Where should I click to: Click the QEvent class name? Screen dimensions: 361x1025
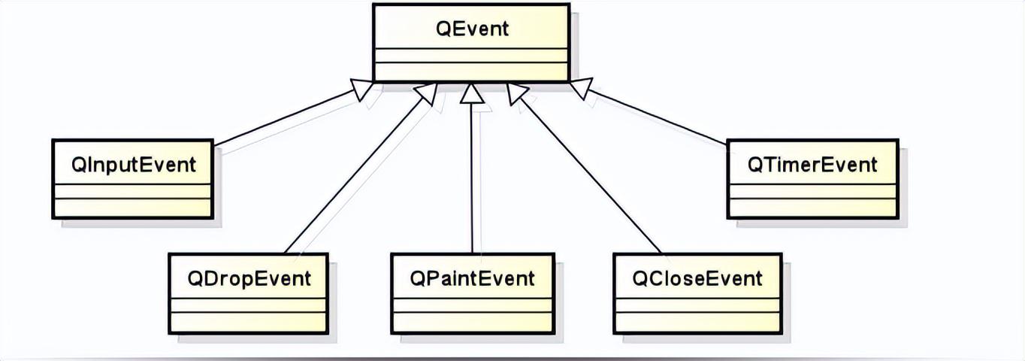(x=472, y=29)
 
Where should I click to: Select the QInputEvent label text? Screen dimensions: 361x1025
(x=133, y=165)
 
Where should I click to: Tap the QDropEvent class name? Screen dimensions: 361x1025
(x=249, y=278)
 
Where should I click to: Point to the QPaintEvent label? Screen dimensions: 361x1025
(x=472, y=278)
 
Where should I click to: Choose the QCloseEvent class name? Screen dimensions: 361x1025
(x=697, y=278)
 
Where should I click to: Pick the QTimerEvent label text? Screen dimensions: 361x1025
(x=812, y=165)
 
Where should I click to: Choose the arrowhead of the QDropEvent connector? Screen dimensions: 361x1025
(x=426, y=93)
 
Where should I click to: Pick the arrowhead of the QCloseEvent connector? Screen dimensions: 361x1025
(x=518, y=93)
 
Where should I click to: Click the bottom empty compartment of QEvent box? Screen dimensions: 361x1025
(x=471, y=72)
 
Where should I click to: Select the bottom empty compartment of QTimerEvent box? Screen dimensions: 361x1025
(x=812, y=208)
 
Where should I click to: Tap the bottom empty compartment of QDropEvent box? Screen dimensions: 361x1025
(x=249, y=322)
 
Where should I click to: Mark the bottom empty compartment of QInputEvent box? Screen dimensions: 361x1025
(x=133, y=208)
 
